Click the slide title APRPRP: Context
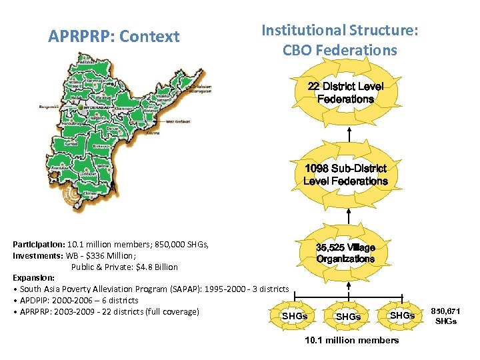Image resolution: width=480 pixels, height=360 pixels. tap(114, 37)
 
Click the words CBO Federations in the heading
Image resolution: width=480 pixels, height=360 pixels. tap(340, 51)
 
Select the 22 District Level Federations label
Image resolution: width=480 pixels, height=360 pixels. tap(345, 93)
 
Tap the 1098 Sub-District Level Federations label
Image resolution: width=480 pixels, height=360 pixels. tap(345, 175)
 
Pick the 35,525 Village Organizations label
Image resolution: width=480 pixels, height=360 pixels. tap(345, 253)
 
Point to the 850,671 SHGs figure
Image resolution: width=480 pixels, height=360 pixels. tap(446, 316)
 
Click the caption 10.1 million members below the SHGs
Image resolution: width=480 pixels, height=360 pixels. tap(351, 340)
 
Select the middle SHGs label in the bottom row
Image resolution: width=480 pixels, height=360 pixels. tap(348, 317)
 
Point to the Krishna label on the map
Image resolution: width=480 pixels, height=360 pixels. tap(153, 132)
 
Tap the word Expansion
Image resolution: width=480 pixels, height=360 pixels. tap(33, 277)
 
